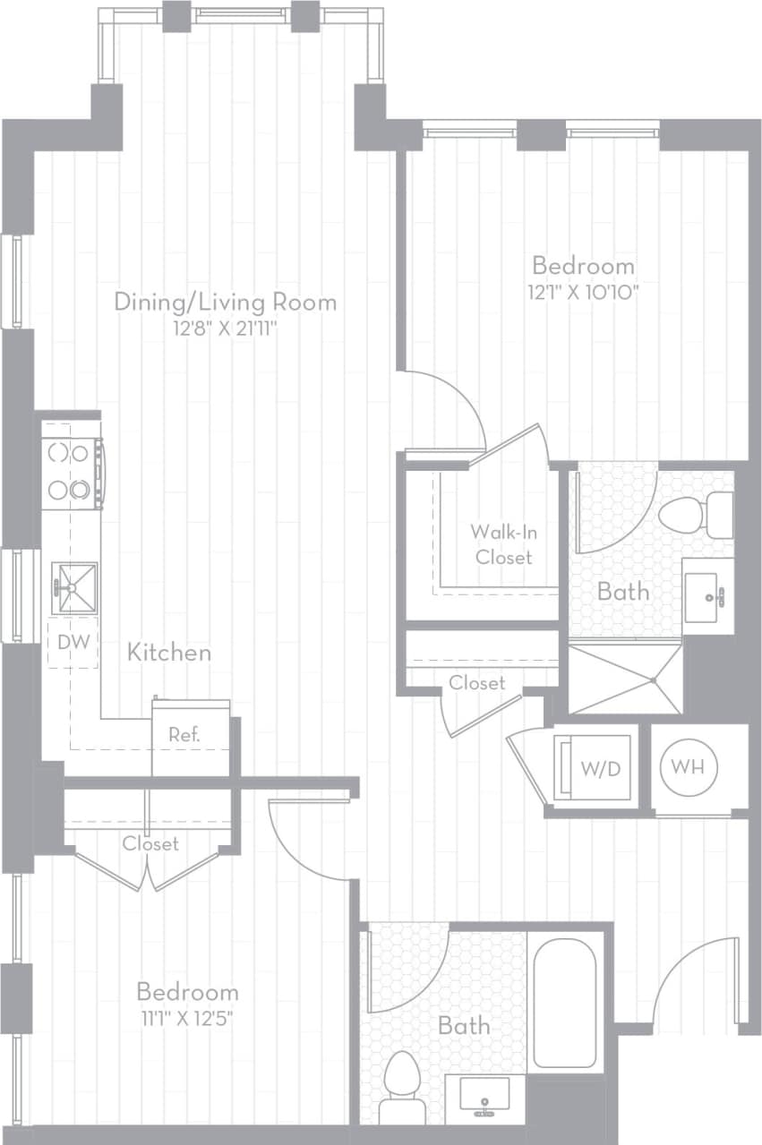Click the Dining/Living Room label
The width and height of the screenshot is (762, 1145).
click(226, 302)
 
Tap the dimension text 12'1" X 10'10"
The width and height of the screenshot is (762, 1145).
click(584, 291)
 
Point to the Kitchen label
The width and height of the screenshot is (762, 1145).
click(169, 652)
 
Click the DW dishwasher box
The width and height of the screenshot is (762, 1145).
click(73, 641)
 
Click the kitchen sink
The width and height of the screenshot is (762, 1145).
click(73, 587)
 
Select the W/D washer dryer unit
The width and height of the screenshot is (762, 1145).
click(595, 767)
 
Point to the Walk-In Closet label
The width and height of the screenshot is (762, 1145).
click(503, 543)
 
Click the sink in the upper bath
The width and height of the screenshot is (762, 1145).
click(707, 595)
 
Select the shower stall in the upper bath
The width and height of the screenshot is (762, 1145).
click(625, 678)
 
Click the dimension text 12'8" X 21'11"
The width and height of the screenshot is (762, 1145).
click(226, 329)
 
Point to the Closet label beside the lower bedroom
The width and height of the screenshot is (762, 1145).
click(150, 843)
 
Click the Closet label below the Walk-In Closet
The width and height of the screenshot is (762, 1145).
click(476, 682)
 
